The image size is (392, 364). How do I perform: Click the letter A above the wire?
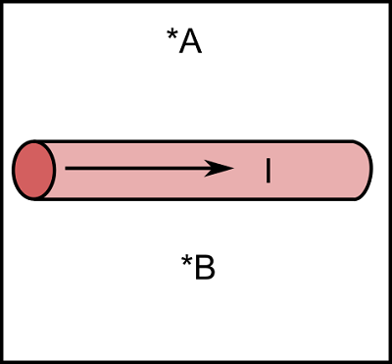190,41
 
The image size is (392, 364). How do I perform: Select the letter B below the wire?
204,268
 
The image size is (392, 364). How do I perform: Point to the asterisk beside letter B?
186,262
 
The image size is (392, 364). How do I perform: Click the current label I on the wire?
268,170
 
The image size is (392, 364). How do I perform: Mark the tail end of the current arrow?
67,169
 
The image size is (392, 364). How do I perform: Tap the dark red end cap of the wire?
32,170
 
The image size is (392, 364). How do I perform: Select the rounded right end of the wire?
367,170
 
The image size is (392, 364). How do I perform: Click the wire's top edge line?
196,141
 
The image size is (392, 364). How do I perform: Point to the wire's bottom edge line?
196,199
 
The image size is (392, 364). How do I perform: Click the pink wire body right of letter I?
314,170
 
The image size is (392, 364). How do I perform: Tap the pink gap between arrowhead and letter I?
250,170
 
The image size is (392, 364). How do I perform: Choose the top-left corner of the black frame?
2,2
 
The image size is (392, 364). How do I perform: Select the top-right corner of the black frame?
389,2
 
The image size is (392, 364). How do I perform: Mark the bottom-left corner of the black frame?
2,361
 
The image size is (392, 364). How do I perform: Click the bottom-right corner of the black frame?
389,361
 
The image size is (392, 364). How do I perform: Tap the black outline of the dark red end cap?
14,170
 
